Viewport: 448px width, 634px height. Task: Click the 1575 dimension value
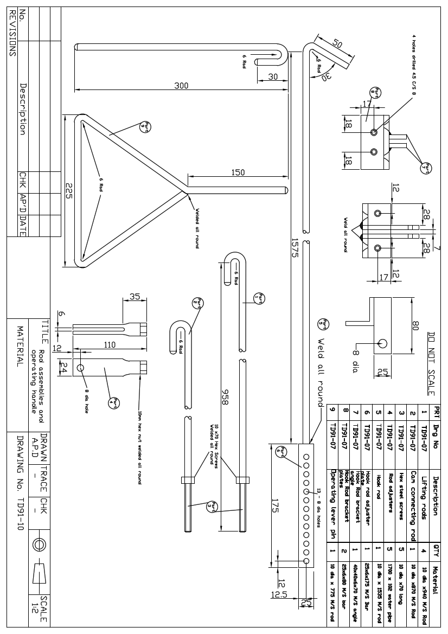click(x=295, y=247)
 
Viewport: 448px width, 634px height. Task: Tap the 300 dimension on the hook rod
click(x=181, y=85)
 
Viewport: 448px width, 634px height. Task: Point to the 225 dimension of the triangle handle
click(x=69, y=190)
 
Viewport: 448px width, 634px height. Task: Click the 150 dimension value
click(x=238, y=172)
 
